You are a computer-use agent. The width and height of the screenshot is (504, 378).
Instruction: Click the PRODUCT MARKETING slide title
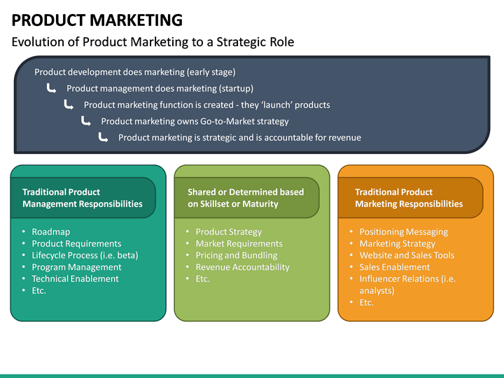[x=97, y=20]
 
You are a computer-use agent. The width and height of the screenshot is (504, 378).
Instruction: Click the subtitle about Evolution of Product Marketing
[x=153, y=42]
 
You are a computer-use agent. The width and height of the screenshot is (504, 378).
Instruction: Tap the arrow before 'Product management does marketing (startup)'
[x=52, y=88]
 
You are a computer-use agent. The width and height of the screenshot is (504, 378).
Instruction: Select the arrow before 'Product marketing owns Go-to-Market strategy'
[x=86, y=121]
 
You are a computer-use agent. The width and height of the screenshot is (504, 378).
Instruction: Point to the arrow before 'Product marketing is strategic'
[x=104, y=137]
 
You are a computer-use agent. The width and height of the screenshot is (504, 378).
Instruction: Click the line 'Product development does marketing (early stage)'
[x=134, y=72]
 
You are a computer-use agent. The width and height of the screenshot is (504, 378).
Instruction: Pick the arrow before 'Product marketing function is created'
[x=69, y=104]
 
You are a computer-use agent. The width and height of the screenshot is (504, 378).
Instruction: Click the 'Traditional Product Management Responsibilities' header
[x=83, y=198]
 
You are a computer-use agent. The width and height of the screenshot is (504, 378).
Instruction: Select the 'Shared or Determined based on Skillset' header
[x=246, y=198]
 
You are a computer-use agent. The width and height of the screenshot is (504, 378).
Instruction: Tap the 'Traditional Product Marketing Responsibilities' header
[x=409, y=198]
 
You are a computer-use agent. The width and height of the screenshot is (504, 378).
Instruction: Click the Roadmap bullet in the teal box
[x=51, y=232]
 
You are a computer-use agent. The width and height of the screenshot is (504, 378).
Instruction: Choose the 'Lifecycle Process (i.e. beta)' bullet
[x=85, y=255]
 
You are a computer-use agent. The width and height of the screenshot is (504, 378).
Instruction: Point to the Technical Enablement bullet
[x=75, y=279]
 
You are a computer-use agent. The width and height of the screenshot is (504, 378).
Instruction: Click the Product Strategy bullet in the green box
[x=229, y=232]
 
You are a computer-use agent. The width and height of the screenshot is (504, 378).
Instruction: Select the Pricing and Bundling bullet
[x=237, y=255]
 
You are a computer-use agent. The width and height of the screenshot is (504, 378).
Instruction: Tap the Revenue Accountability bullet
[x=242, y=267]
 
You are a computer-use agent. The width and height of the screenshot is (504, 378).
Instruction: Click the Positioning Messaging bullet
[x=403, y=232]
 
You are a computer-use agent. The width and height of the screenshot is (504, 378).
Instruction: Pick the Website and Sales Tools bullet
[x=407, y=255]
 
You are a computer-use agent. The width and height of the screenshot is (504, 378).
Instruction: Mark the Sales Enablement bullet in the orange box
[x=395, y=267]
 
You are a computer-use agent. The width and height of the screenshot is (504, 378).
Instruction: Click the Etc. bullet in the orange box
[x=367, y=302]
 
